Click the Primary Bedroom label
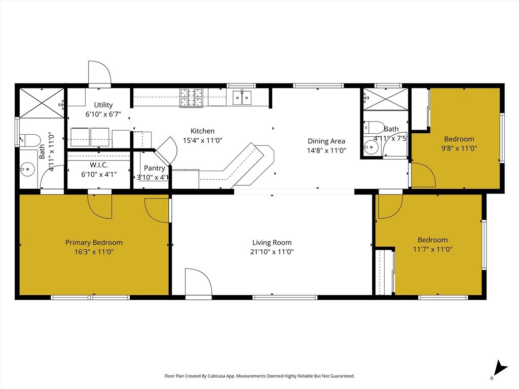click(x=94, y=243)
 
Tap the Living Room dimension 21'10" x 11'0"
click(x=272, y=251)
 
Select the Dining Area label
click(x=326, y=141)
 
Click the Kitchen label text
click(x=202, y=131)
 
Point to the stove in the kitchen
click(x=191, y=97)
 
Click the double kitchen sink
click(x=242, y=97)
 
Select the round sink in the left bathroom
click(x=27, y=170)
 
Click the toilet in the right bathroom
click(x=375, y=127)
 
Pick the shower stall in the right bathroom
click(x=385, y=99)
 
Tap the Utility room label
click(x=103, y=105)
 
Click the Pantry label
click(x=154, y=168)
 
